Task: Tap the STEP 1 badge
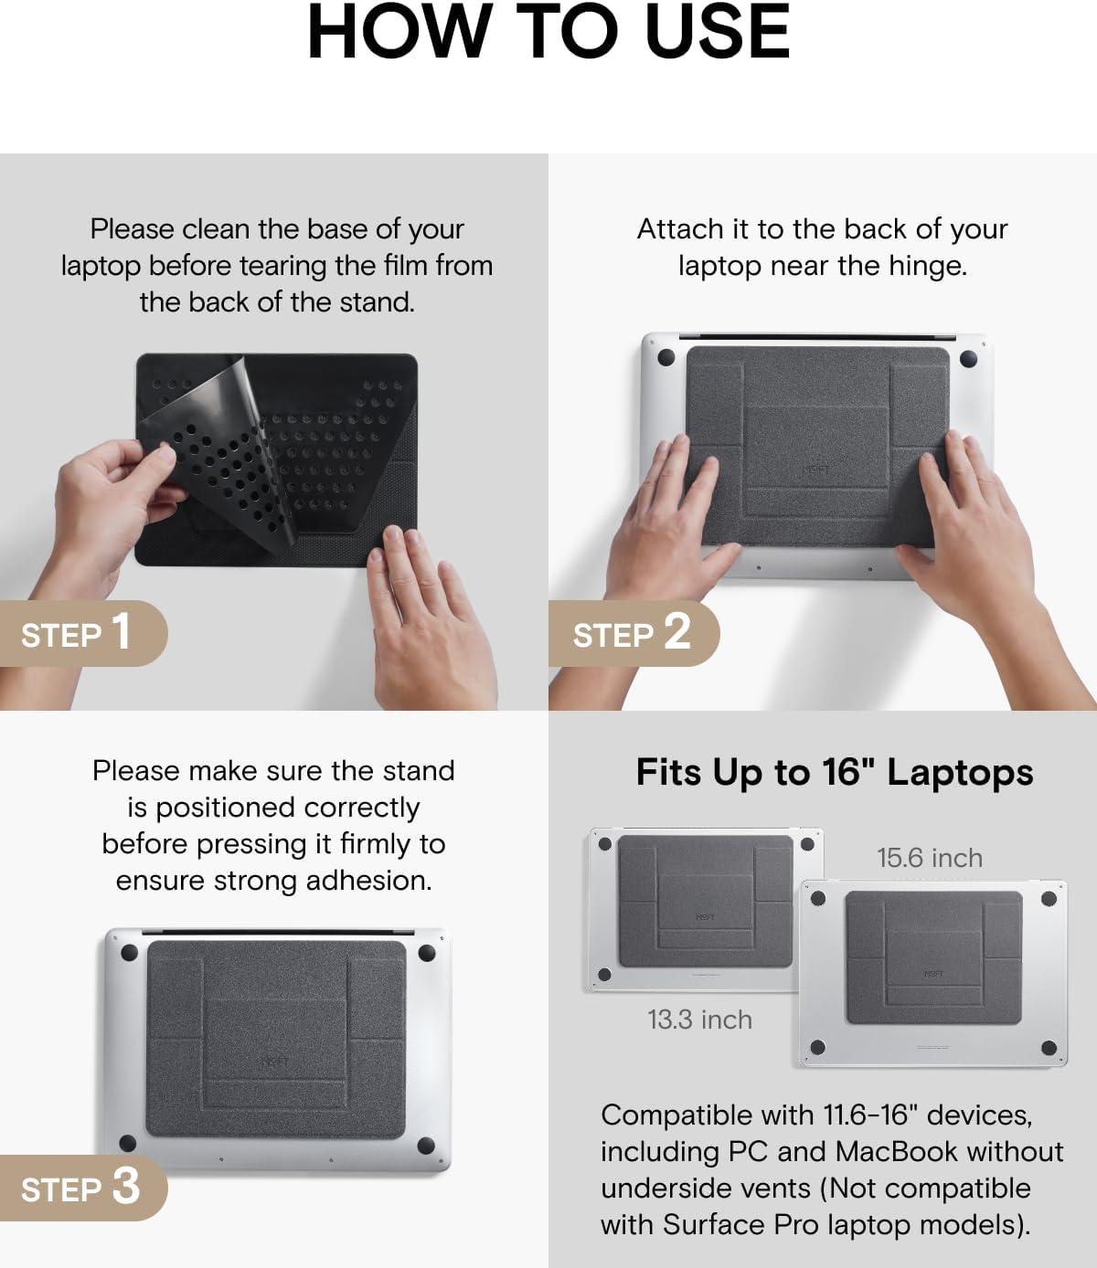coord(83,633)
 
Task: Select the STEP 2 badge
coord(634,633)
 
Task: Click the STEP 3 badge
coord(83,1188)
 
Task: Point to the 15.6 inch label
coord(930,858)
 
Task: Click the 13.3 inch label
coord(700,1020)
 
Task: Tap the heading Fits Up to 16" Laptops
coord(835,773)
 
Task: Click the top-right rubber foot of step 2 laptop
coord(968,359)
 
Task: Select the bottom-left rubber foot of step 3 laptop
coord(128,1143)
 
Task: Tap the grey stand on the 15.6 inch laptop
coord(933,957)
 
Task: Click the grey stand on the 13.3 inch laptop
coord(706,901)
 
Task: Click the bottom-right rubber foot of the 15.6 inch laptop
coord(1049,1047)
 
